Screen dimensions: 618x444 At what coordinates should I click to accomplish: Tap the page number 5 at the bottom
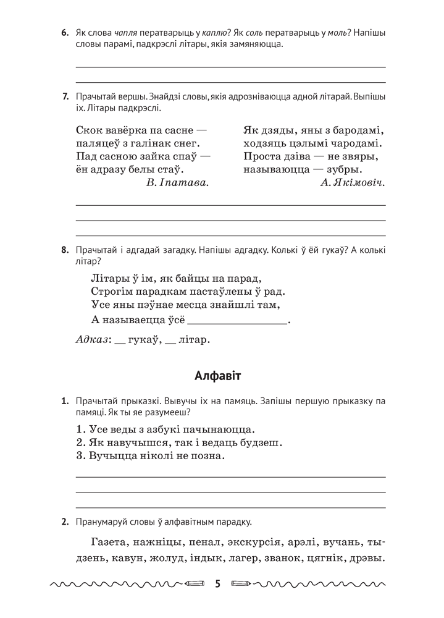217,584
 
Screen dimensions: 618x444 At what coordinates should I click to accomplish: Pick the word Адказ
91,340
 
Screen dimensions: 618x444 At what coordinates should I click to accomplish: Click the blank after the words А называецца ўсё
237,321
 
